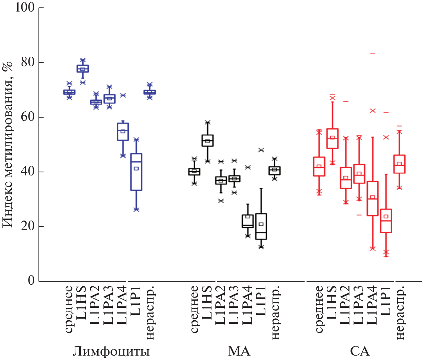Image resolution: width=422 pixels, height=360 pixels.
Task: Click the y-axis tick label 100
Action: [x=24, y=7]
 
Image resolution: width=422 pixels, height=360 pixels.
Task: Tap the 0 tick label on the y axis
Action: [x=31, y=281]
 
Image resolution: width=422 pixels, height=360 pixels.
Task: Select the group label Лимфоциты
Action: [x=111, y=351]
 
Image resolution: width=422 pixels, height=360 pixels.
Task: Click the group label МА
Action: [x=239, y=351]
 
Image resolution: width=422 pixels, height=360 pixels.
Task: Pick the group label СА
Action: [x=360, y=351]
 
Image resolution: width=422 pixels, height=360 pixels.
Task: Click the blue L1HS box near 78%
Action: [x=83, y=69]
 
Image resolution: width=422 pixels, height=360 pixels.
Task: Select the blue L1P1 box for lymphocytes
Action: [x=136, y=172]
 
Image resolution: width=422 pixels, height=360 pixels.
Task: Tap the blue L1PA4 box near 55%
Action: [x=123, y=132]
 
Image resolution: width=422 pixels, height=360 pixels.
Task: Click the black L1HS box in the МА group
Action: [x=207, y=140]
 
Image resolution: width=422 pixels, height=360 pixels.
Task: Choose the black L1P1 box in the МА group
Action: [x=261, y=226]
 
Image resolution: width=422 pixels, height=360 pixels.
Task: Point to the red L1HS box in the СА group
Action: [x=333, y=138]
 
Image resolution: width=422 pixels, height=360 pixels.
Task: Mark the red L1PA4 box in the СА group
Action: [x=373, y=198]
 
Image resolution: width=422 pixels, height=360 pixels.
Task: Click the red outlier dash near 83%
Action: [x=373, y=54]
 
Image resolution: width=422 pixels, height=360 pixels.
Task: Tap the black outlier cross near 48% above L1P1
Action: [x=261, y=150]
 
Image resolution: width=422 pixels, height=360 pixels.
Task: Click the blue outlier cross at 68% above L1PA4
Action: [x=123, y=95]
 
